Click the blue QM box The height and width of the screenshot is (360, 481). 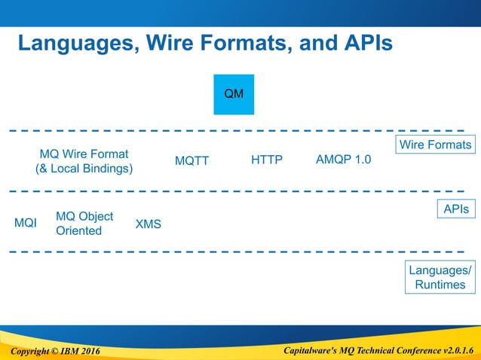coord(234,94)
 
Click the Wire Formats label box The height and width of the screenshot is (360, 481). coord(435,145)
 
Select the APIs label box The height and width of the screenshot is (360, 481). coord(456,209)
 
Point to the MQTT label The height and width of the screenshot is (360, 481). coord(191,160)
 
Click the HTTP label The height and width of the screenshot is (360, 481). coord(266,160)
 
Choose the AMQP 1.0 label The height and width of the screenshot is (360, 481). coord(343,160)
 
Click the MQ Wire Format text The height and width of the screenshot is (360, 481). coord(84,154)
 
